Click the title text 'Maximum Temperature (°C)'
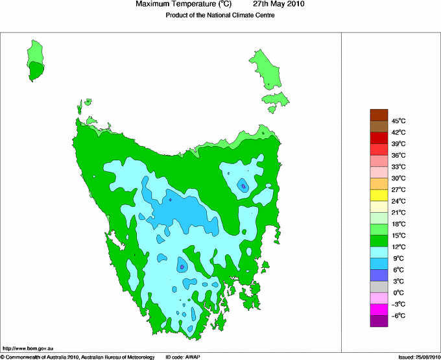tap(184, 5)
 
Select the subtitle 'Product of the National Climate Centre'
tap(220, 16)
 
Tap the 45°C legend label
tap(398, 121)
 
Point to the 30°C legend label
tap(398, 178)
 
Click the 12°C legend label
tap(398, 246)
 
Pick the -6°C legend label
tap(398, 315)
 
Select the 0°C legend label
tap(398, 293)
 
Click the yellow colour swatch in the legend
tap(379, 195)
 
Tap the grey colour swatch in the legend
tap(379, 286)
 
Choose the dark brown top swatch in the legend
tap(379, 115)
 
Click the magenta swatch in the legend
tap(379, 309)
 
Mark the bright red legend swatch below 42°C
tap(379, 138)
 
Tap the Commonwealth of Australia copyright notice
tap(78, 357)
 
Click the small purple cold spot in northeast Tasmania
tap(243, 186)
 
